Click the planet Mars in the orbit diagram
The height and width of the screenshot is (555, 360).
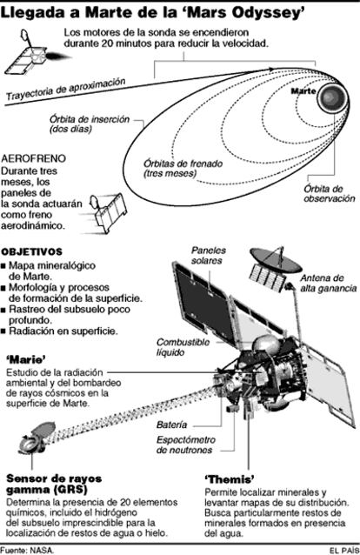pyautogui.click(x=331, y=97)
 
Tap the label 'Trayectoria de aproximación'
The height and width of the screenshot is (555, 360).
pyautogui.click(x=66, y=89)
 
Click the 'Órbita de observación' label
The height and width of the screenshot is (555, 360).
pyautogui.click(x=330, y=193)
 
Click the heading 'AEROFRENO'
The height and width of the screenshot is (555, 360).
pyautogui.click(x=34, y=158)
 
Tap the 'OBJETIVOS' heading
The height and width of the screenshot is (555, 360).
pyautogui.click(x=32, y=252)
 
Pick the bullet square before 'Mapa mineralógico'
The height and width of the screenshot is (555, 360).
pyautogui.click(x=3, y=266)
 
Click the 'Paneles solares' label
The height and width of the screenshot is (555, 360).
pyautogui.click(x=208, y=256)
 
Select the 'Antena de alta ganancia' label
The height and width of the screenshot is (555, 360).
pyautogui.click(x=329, y=284)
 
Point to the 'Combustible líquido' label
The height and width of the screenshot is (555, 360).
pyautogui.click(x=183, y=347)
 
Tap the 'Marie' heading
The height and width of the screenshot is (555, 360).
pyautogui.click(x=26, y=360)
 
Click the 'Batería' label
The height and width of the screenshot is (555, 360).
pyautogui.click(x=171, y=425)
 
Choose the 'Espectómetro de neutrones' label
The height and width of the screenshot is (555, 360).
pyautogui.click(x=185, y=445)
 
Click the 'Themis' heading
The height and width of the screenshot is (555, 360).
pyautogui.click(x=230, y=479)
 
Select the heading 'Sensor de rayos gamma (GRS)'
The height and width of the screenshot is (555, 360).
pyautogui.click(x=54, y=485)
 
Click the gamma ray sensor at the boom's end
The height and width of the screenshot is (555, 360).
pyautogui.click(x=37, y=438)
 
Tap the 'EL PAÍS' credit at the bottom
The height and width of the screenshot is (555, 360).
pyautogui.click(x=343, y=551)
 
